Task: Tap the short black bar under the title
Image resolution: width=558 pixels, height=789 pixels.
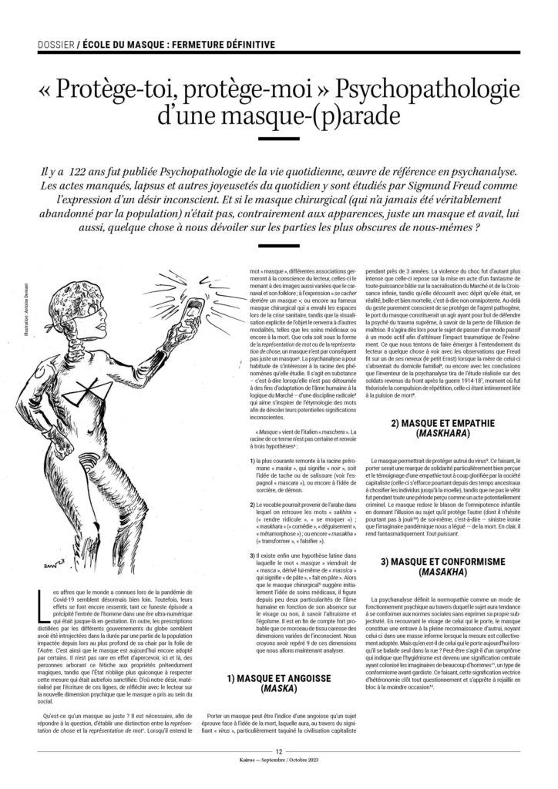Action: coord(278,139)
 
